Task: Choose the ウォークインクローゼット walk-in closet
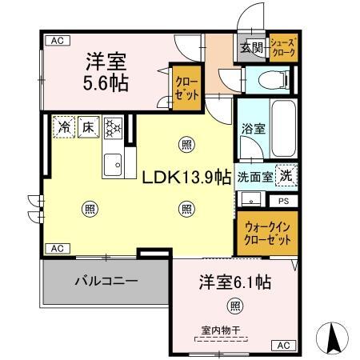click(x=266, y=232)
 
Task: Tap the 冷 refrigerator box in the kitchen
click(x=64, y=126)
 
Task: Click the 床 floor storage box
click(x=88, y=126)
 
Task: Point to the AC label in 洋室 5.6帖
click(x=54, y=40)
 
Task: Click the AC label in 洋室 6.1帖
click(x=283, y=346)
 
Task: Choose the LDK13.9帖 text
click(x=187, y=178)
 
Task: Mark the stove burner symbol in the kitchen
click(x=113, y=126)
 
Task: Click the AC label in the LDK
click(x=56, y=249)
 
